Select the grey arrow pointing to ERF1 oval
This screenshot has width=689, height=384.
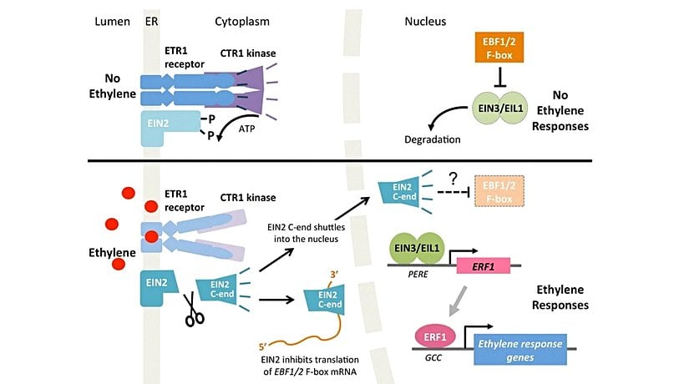tap(458, 299)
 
